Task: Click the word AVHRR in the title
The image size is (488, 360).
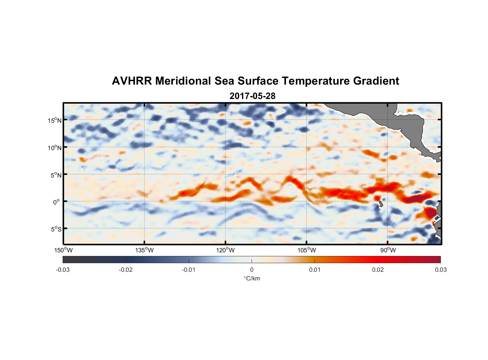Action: pyautogui.click(x=132, y=81)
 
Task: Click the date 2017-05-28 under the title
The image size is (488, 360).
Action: pyautogui.click(x=252, y=96)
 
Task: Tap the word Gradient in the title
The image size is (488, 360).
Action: pyautogui.click(x=376, y=81)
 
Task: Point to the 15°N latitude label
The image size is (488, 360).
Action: pyautogui.click(x=55, y=120)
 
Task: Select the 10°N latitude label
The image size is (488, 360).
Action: pyautogui.click(x=55, y=148)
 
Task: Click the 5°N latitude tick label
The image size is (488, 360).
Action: pyautogui.click(x=56, y=175)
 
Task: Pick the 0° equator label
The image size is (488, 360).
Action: pyautogui.click(x=57, y=202)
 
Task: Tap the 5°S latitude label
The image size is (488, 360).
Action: pyautogui.click(x=56, y=229)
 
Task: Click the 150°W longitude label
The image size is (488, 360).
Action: pyautogui.click(x=64, y=250)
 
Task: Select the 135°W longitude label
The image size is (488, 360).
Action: pyautogui.click(x=145, y=250)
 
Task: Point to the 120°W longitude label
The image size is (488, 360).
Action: pyautogui.click(x=226, y=250)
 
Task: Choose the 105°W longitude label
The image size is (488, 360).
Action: pyautogui.click(x=307, y=250)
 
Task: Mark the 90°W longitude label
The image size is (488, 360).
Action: pyautogui.click(x=388, y=250)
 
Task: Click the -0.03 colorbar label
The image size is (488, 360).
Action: pyautogui.click(x=63, y=270)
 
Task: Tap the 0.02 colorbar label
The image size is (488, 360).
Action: pyautogui.click(x=378, y=270)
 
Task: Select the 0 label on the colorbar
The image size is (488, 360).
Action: pyautogui.click(x=252, y=270)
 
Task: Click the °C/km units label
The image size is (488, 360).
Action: pyautogui.click(x=252, y=278)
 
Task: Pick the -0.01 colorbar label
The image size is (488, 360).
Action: pyautogui.click(x=189, y=270)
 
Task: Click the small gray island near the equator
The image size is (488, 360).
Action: pyautogui.click(x=381, y=204)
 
